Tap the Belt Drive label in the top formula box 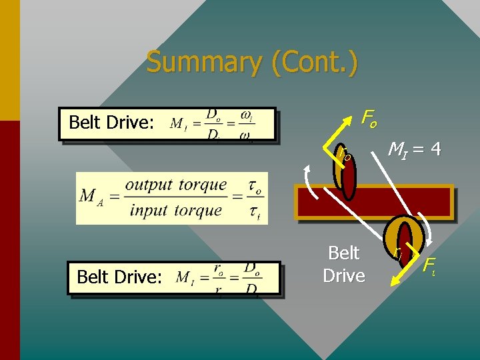(x=111, y=123)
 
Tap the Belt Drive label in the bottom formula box (x=119, y=277)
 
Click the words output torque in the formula (x=176, y=185)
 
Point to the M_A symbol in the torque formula (x=91, y=197)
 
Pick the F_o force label (x=369, y=119)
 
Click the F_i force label (x=431, y=264)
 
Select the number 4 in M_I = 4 (x=435, y=149)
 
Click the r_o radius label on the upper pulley (x=345, y=155)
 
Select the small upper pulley (x=346, y=176)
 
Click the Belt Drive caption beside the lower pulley (x=343, y=264)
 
